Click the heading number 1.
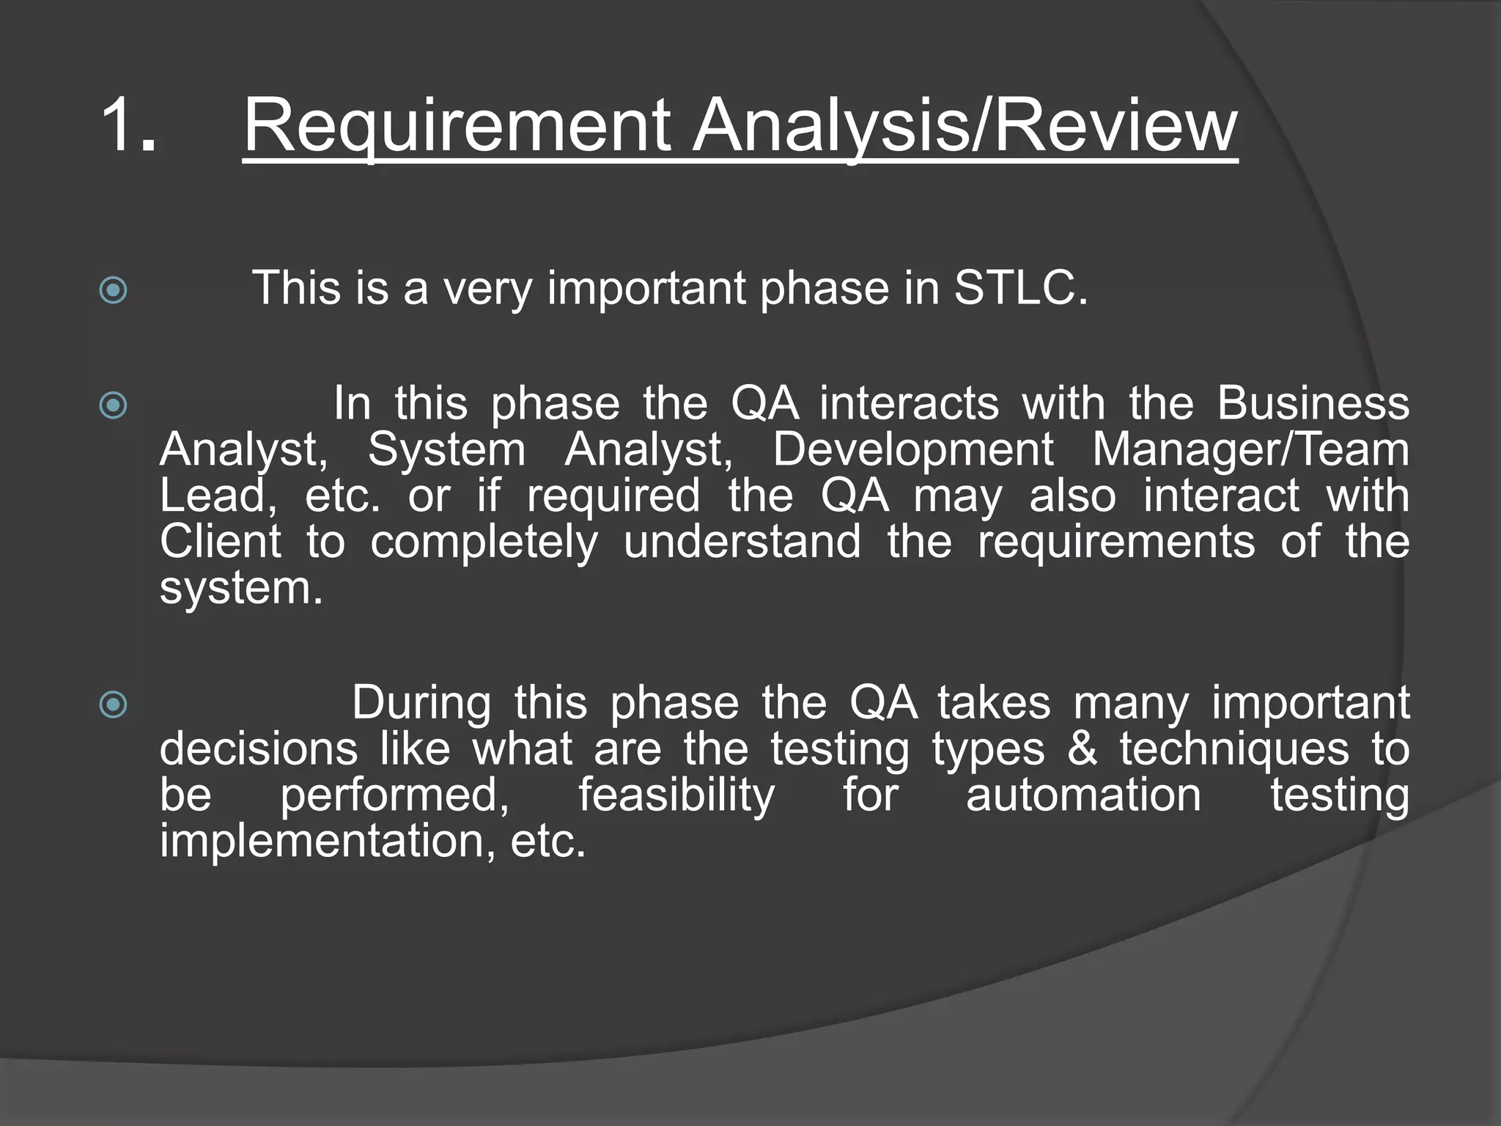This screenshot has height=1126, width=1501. click(x=128, y=125)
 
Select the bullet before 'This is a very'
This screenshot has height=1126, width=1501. click(x=113, y=290)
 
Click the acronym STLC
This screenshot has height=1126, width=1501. click(x=1021, y=287)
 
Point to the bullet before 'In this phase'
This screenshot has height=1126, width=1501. click(x=113, y=405)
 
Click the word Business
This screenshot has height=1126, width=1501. click(x=1313, y=403)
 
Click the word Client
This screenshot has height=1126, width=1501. click(x=221, y=542)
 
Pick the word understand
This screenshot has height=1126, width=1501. click(x=742, y=542)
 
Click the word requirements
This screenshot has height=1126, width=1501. click(x=1116, y=543)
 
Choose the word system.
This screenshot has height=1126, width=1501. click(x=240, y=588)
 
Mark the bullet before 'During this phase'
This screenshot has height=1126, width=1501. click(x=113, y=704)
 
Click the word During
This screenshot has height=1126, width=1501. click(x=421, y=703)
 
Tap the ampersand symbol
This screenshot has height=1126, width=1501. click(x=1082, y=749)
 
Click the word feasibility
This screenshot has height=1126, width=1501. click(x=676, y=795)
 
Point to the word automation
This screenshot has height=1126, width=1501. click(x=1083, y=795)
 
